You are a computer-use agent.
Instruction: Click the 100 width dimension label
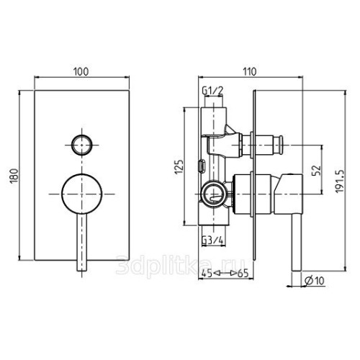click(x=81, y=71)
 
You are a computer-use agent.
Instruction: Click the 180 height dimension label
click(x=14, y=176)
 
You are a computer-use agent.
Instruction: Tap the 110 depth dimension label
click(x=250, y=71)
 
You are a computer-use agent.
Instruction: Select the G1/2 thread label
click(x=212, y=91)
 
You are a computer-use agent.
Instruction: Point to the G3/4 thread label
click(x=212, y=240)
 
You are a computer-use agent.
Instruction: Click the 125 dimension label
click(x=179, y=167)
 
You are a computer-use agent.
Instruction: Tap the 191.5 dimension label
click(x=340, y=181)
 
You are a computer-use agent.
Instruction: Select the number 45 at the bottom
click(x=207, y=274)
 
